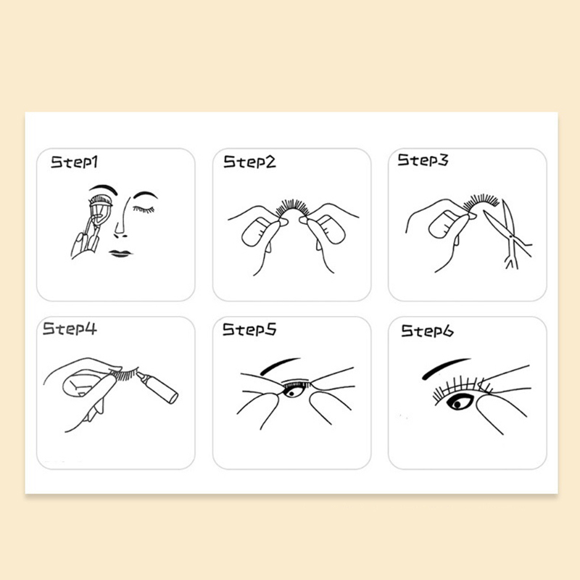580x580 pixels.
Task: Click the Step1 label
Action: click(74, 162)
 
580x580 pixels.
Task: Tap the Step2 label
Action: click(249, 162)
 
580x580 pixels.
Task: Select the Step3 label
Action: click(423, 160)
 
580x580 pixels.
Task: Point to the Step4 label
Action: click(70, 328)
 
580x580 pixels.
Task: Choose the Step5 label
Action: click(249, 329)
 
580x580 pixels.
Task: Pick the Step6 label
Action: click(427, 331)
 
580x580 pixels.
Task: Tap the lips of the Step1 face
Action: click(120, 253)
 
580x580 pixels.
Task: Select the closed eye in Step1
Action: click(144, 210)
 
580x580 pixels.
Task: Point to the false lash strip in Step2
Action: click(293, 208)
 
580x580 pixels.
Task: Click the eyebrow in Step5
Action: click(279, 365)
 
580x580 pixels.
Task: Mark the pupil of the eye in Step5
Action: click(292, 393)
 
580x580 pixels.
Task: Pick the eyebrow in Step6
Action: click(445, 368)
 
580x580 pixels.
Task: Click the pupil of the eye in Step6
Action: click(457, 405)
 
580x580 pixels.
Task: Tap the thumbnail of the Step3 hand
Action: click(443, 224)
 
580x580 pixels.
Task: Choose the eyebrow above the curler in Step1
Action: click(103, 189)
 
